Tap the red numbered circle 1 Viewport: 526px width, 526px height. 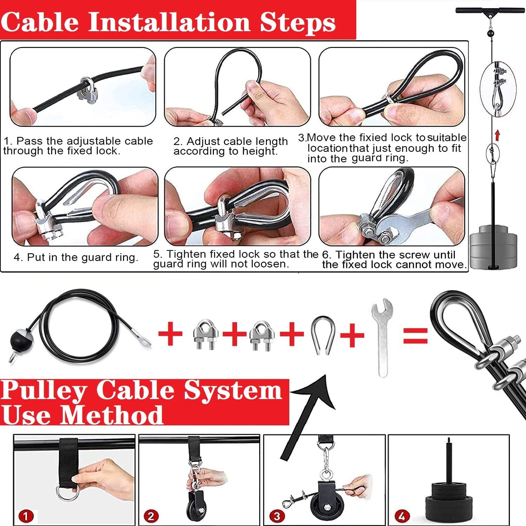26,516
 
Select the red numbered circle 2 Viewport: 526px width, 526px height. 151,516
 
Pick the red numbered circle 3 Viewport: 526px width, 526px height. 277,516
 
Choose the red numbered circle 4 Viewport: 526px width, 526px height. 402,516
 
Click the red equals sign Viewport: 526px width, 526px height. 416,335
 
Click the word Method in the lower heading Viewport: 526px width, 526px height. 112,416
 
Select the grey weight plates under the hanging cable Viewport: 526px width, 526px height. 493,247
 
